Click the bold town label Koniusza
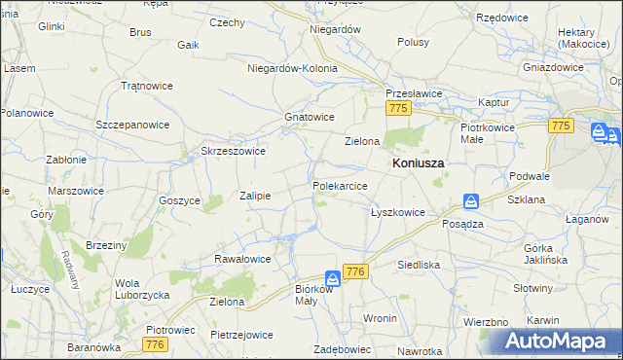coord(418,163)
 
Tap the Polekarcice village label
coord(340,185)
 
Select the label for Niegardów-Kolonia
coord(292,68)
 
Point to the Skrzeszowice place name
coord(233,151)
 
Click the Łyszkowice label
coord(398,211)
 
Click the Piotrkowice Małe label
coord(486,133)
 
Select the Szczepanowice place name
coord(132,125)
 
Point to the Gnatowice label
coord(310,117)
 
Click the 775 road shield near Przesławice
coord(396,110)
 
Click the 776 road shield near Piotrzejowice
coord(153,344)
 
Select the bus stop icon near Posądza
coord(470,202)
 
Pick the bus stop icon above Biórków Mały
coord(333,278)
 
